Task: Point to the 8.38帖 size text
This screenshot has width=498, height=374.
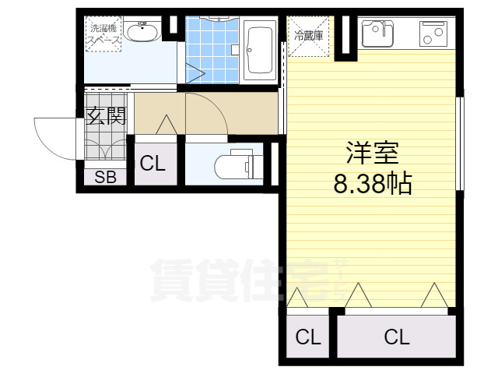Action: coord(372,185)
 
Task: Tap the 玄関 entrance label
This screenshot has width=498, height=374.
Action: coord(106,117)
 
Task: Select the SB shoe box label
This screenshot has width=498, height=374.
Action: coord(105,177)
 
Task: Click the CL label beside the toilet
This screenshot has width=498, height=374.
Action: coord(152,164)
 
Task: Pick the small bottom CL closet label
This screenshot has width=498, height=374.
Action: coord(308,337)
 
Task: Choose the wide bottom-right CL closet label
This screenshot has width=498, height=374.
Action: coord(396,337)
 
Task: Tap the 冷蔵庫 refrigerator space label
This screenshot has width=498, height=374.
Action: coord(308,34)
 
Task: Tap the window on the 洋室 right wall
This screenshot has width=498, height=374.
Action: coord(460,144)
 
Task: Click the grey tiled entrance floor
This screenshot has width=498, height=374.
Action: coord(105,144)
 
